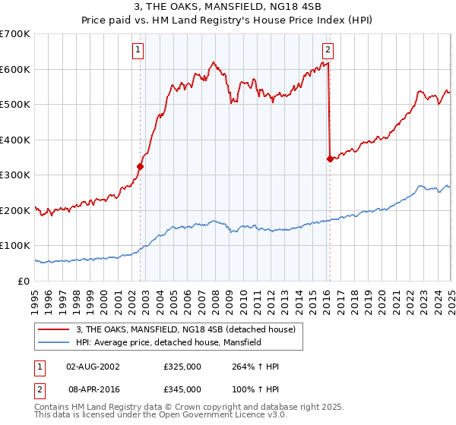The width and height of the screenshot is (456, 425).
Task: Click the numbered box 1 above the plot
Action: click(138, 51)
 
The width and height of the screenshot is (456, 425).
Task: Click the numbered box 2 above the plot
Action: click(328, 51)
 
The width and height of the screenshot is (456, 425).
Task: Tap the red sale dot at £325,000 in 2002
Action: click(140, 166)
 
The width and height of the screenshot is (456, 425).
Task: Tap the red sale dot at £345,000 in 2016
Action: click(329, 159)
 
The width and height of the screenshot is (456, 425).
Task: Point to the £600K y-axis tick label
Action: click(15, 69)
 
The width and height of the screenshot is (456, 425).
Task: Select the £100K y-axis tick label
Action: click(15, 246)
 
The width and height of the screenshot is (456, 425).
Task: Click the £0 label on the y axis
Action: click(22, 281)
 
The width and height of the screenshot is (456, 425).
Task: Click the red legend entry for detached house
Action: click(189, 329)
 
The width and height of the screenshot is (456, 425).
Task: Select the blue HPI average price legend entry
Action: click(168, 342)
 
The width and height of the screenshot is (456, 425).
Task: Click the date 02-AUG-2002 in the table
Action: click(93, 367)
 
